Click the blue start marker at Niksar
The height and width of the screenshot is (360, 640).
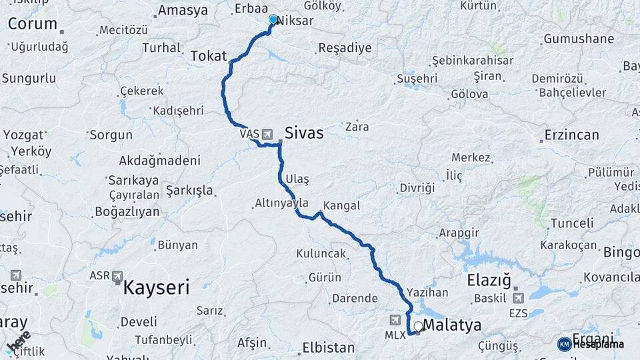click(x=273, y=19)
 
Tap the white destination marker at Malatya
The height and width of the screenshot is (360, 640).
click(x=418, y=326)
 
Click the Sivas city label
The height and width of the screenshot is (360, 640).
click(x=304, y=133)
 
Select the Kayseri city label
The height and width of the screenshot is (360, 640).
click(x=157, y=288)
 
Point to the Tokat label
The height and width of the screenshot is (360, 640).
click(x=209, y=56)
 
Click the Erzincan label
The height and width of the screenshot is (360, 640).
click(x=571, y=135)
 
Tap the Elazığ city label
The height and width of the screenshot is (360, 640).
click(x=489, y=279)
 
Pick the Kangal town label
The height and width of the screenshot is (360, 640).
click(x=341, y=205)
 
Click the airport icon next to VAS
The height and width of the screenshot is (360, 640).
click(x=267, y=135)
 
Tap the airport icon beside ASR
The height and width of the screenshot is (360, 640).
click(x=118, y=275)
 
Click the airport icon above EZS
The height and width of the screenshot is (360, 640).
click(x=518, y=297)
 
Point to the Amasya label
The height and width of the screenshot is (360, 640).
click(x=183, y=11)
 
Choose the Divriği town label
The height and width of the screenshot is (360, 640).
click(x=417, y=188)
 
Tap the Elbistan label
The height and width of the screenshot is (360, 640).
click(x=328, y=347)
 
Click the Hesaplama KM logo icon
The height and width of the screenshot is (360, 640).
click(x=565, y=344)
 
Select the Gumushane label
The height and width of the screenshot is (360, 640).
click(x=579, y=39)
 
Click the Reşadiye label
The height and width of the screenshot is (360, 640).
click(x=344, y=48)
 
